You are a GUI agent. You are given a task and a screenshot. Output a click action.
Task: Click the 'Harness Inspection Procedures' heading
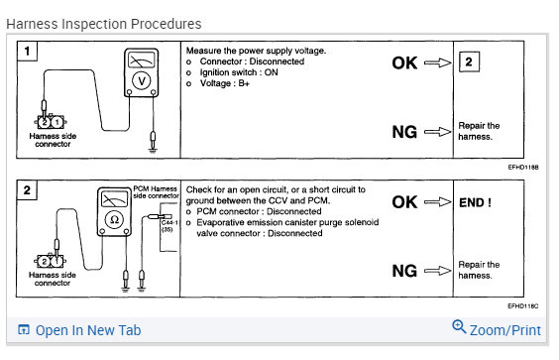pyautogui.click(x=104, y=24)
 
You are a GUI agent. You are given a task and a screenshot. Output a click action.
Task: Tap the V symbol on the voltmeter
pyautogui.click(x=142, y=81)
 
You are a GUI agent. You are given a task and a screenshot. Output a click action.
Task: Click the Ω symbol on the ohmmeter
pyautogui.click(x=114, y=220)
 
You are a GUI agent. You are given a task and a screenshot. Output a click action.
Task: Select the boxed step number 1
pyautogui.click(x=27, y=51)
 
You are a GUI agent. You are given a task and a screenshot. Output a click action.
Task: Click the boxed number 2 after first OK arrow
pyautogui.click(x=469, y=62)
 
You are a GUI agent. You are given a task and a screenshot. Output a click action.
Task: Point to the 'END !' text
pyautogui.click(x=475, y=202)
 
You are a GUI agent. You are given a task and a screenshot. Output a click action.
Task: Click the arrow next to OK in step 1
pyautogui.click(x=437, y=62)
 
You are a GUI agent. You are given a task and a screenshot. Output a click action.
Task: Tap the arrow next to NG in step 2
pyautogui.click(x=437, y=271)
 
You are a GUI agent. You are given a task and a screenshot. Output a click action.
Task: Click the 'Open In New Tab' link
pyautogui.click(x=88, y=330)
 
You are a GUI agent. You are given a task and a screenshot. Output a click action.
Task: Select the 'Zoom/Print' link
pyautogui.click(x=505, y=330)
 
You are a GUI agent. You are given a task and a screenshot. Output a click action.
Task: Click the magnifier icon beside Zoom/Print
pyautogui.click(x=459, y=327)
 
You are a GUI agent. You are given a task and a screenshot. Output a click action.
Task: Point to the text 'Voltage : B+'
pyautogui.click(x=225, y=83)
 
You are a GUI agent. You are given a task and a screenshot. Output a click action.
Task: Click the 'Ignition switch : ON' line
pyautogui.click(x=239, y=72)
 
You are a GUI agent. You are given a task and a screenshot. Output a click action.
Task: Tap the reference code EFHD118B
pyautogui.click(x=523, y=167)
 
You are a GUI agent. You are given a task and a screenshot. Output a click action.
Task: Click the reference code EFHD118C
pyautogui.click(x=523, y=306)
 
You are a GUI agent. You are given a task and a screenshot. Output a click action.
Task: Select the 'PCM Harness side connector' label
pyautogui.click(x=156, y=192)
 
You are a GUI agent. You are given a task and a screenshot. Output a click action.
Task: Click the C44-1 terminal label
pyautogui.click(x=169, y=223)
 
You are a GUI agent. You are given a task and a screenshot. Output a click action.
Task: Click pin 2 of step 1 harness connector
pyautogui.click(x=45, y=122)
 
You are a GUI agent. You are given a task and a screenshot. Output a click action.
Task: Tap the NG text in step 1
pyautogui.click(x=404, y=132)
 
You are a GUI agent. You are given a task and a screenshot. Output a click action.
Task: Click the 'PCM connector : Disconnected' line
pyautogui.click(x=259, y=211)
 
